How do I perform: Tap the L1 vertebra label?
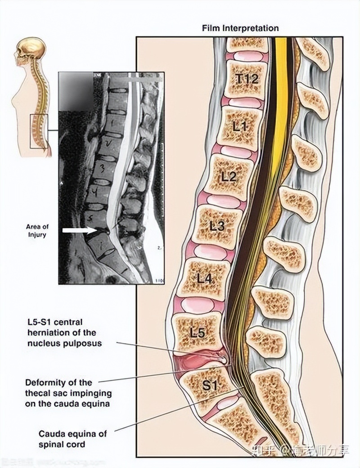pyautogui.click(x=239, y=126)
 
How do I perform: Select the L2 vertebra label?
pyautogui.click(x=229, y=176)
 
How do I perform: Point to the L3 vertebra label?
pyautogui.click(x=217, y=226)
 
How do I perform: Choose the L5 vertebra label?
pyautogui.click(x=197, y=333)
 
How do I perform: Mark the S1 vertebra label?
pyautogui.click(x=209, y=385)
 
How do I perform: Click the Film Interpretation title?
pyautogui.click(x=240, y=28)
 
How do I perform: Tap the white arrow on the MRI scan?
pyautogui.click(x=79, y=230)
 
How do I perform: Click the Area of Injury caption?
pyautogui.click(x=37, y=231)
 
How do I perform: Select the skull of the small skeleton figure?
pyautogui.click(x=31, y=49)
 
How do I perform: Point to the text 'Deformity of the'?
pyautogui.click(x=58, y=382)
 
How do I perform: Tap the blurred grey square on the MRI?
pyautogui.click(x=76, y=91)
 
